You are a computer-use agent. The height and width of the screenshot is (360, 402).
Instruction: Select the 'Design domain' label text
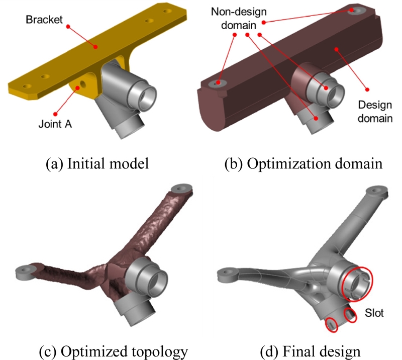374,112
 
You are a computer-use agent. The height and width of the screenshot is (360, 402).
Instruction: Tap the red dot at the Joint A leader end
77,88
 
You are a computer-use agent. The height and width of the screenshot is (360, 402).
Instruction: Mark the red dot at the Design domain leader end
367,88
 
